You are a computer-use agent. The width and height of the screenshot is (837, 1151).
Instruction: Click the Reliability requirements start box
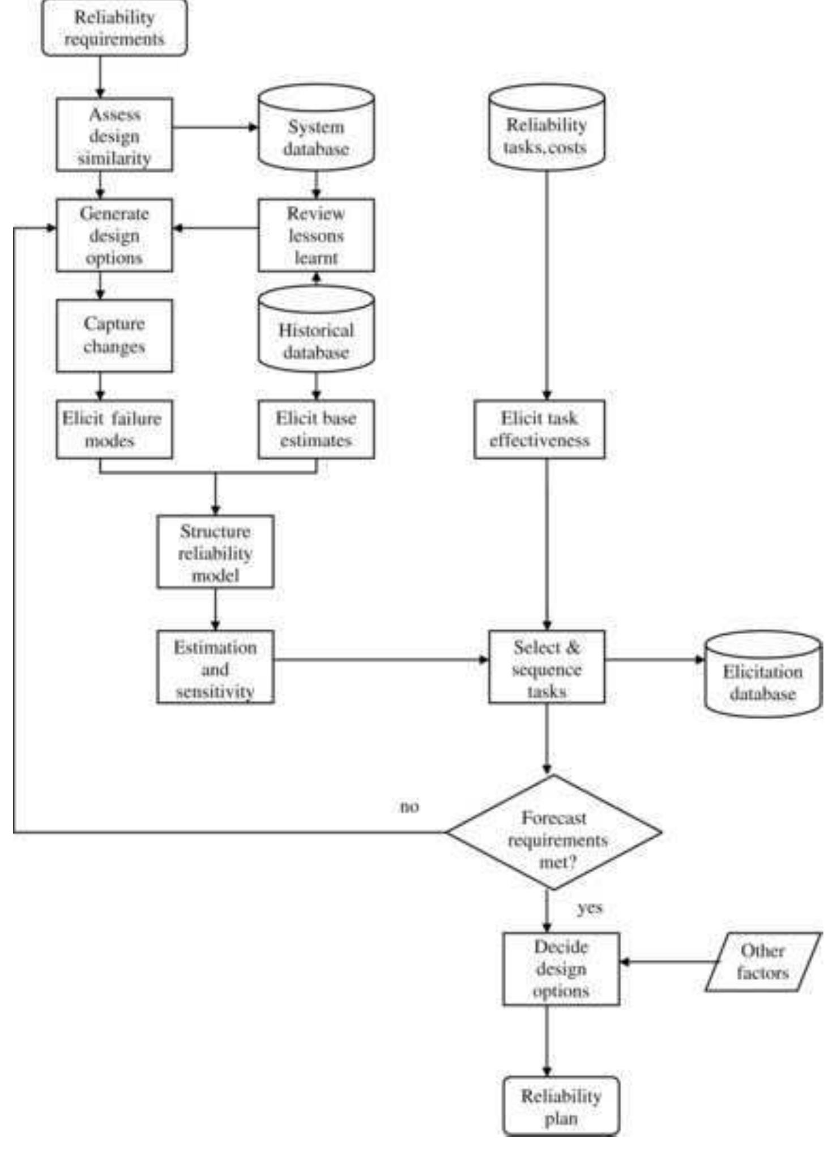point(114,28)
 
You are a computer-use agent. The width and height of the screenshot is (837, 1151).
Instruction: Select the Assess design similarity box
point(114,135)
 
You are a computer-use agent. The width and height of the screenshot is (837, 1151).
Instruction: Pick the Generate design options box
point(114,235)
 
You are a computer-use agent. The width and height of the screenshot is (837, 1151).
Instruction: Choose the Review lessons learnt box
point(316,235)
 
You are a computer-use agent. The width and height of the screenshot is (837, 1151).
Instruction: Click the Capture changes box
point(114,335)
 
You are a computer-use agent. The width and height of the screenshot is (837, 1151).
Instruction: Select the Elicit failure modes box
point(114,430)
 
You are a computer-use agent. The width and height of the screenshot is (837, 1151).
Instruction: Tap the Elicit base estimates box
point(316,430)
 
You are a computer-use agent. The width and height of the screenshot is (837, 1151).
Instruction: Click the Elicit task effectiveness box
point(539,430)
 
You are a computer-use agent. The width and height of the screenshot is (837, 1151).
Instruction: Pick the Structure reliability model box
point(215,552)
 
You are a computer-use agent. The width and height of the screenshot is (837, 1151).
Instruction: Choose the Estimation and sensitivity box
point(215,667)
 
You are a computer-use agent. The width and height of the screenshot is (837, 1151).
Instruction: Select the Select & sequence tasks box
point(546,667)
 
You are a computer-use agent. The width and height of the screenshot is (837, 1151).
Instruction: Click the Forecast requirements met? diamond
point(553,833)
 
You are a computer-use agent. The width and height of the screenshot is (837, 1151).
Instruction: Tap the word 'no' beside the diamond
point(409,806)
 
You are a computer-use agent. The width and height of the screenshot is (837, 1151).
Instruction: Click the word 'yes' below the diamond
point(590,908)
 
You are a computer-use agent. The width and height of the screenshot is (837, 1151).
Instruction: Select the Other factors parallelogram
point(763,962)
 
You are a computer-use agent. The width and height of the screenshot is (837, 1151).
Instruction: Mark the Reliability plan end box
point(561,1106)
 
